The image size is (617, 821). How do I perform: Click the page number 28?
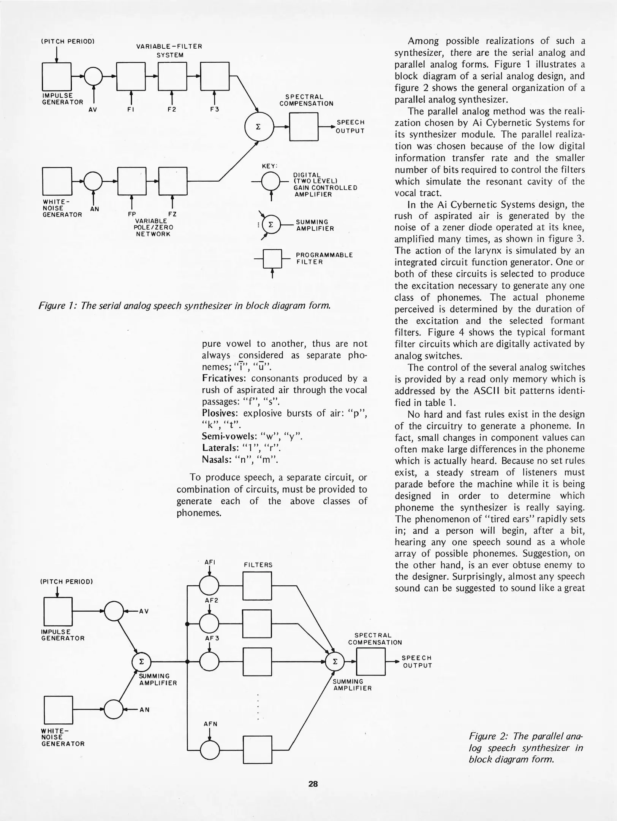click(x=313, y=784)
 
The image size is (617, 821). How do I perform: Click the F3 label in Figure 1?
click(x=215, y=109)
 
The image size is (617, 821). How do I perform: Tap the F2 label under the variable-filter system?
click(x=172, y=109)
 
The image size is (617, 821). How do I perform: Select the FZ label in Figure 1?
click(x=172, y=214)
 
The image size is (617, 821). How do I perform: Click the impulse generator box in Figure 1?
click(x=57, y=76)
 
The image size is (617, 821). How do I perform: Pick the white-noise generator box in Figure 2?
click(x=58, y=710)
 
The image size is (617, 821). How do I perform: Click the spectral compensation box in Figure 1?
click(x=304, y=127)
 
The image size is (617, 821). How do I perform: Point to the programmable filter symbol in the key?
click(x=272, y=259)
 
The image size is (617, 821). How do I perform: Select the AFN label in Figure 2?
click(x=210, y=724)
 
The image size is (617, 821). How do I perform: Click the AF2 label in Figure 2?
click(x=212, y=601)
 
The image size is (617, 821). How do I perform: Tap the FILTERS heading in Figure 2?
click(x=258, y=565)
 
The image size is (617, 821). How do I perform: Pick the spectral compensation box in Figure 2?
click(x=371, y=662)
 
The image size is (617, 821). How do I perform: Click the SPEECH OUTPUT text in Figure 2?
click(x=417, y=662)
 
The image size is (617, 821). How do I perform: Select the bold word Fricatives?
click(x=224, y=379)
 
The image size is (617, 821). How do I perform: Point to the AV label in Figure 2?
click(x=144, y=611)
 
